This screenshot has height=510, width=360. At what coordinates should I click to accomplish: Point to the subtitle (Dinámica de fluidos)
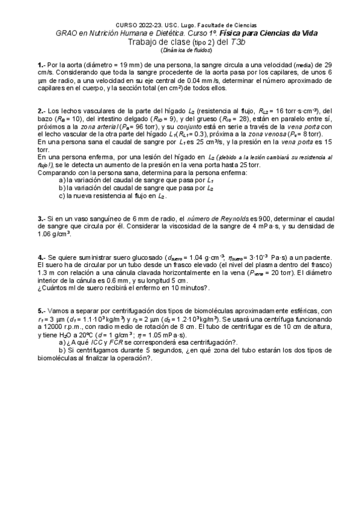coord(180,50)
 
